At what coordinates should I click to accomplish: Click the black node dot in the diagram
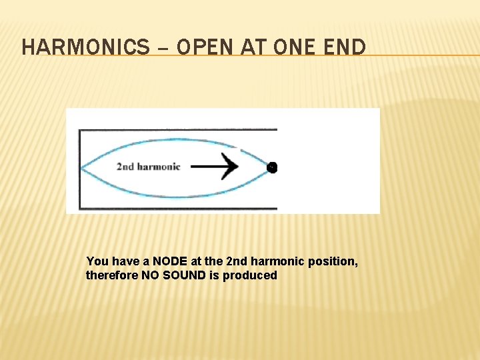pyautogui.click(x=272, y=167)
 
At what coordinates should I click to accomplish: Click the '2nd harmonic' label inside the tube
pyautogui.click(x=148, y=167)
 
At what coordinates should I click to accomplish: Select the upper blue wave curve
pyautogui.click(x=167, y=139)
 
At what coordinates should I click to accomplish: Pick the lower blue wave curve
pyautogui.click(x=167, y=196)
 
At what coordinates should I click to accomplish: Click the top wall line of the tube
pyautogui.click(x=173, y=129)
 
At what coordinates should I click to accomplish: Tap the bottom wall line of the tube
pyautogui.click(x=173, y=209)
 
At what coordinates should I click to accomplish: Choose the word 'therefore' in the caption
pyautogui.click(x=112, y=275)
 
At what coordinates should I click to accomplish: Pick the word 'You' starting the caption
pyautogui.click(x=97, y=261)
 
